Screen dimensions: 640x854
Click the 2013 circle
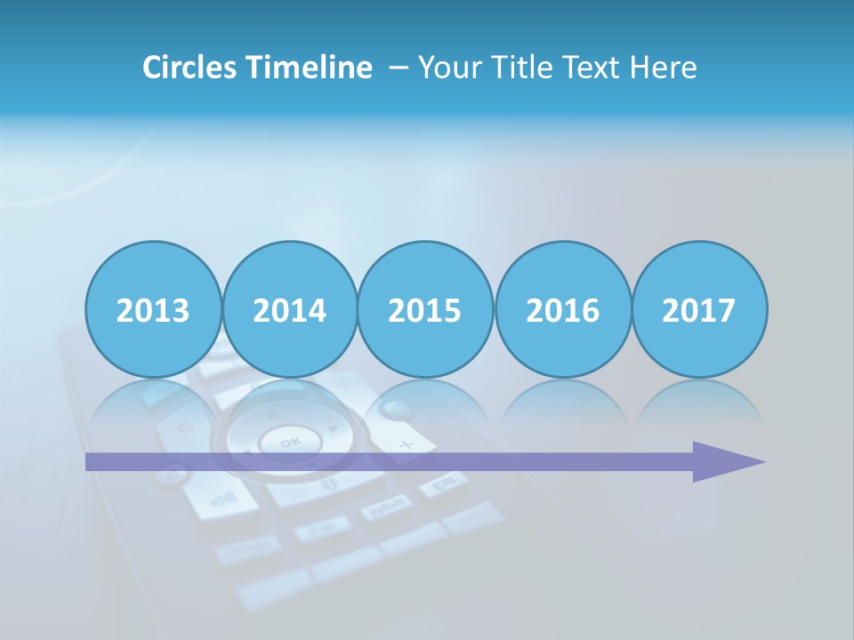pos(153,309)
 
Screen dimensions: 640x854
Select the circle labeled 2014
pos(289,309)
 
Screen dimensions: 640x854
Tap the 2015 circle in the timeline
pos(425,309)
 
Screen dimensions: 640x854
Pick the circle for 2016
pos(562,309)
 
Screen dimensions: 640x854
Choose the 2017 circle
pos(699,309)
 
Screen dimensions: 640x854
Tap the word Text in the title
pos(594,68)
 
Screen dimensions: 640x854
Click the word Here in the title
pos(663,68)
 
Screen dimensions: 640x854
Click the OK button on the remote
pos(289,441)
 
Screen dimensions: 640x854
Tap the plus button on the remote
pos(407,443)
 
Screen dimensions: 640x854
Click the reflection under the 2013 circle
pos(153,400)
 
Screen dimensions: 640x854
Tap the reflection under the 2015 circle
pos(425,400)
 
